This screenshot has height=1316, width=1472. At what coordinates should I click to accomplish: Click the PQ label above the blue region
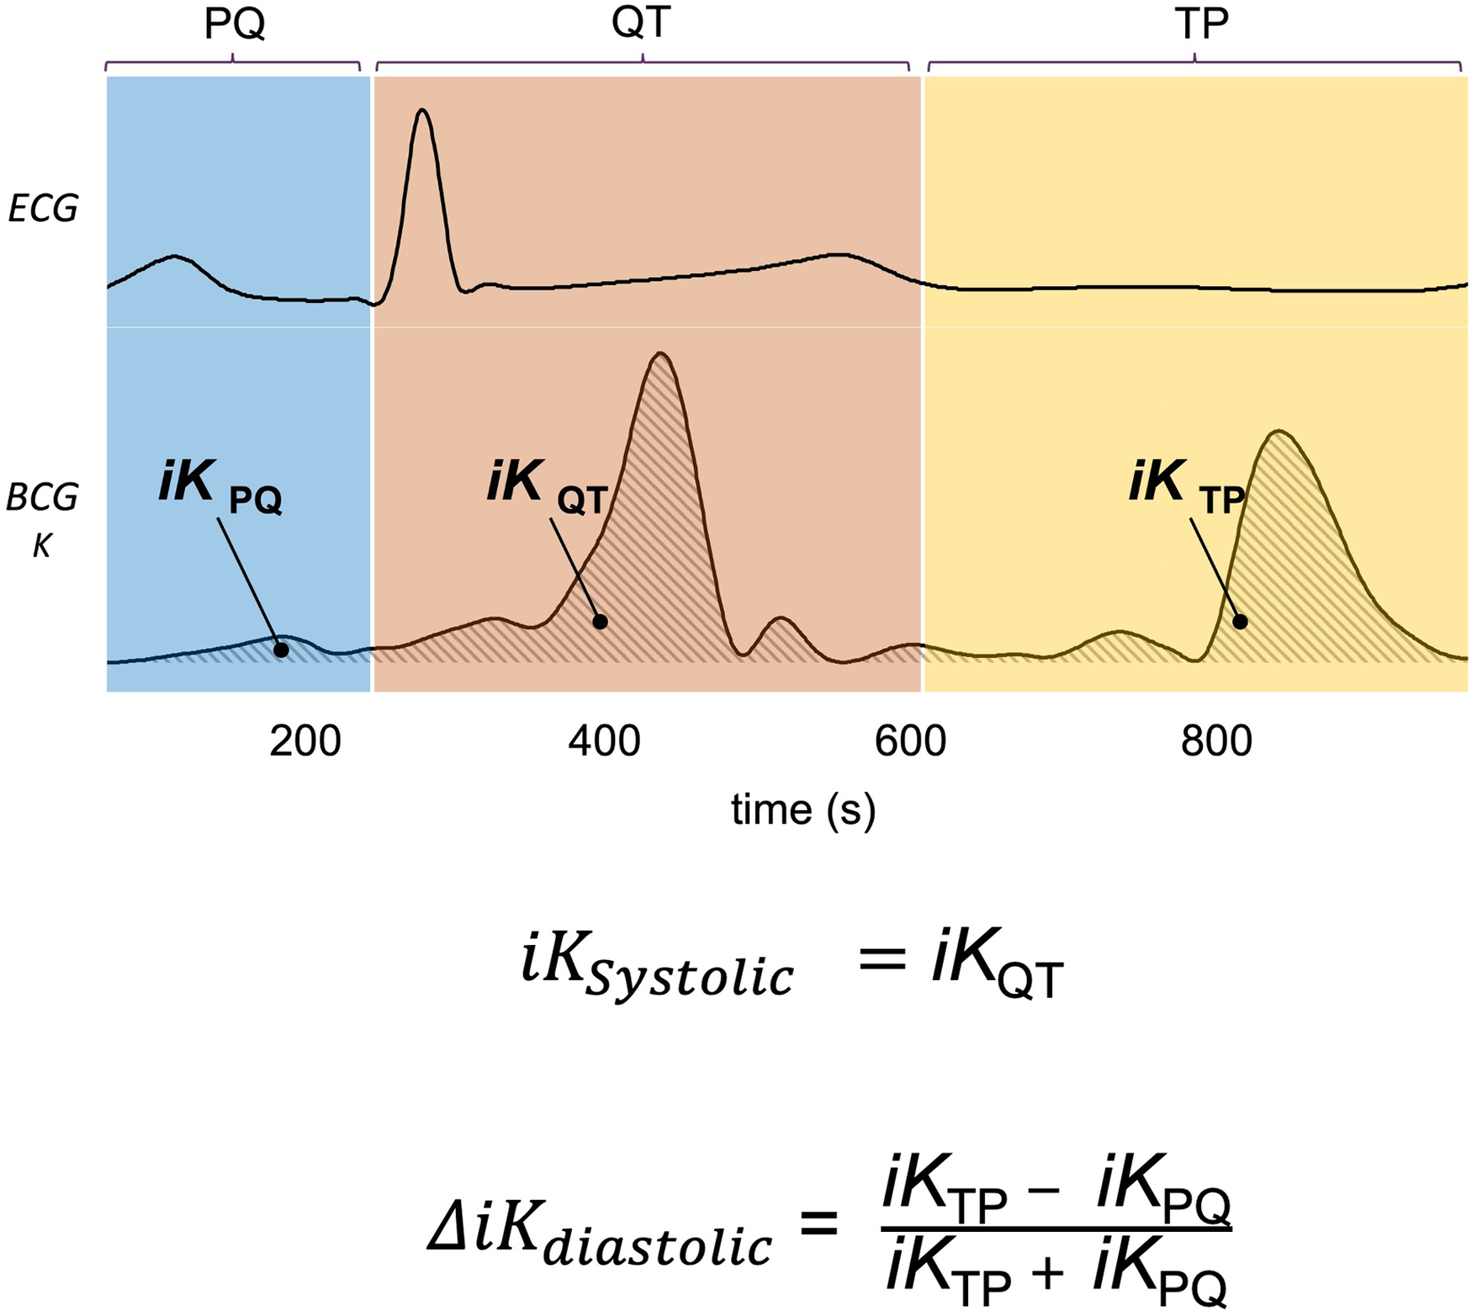coord(235,24)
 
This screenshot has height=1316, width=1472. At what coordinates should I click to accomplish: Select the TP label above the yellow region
coord(1200,24)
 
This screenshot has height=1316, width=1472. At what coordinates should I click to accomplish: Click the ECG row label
coord(42,209)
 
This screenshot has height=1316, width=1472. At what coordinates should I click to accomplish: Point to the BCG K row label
coord(42,520)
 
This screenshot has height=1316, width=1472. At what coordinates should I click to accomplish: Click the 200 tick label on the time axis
coord(304,741)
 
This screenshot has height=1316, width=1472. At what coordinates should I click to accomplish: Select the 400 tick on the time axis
coord(604,741)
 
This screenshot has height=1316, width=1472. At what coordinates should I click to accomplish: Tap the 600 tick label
coord(910,741)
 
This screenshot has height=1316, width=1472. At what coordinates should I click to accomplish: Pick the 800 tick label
coord(1216,741)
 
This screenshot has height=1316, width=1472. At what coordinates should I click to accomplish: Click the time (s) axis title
coord(803,809)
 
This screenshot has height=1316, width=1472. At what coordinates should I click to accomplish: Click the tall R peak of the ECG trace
coord(422,112)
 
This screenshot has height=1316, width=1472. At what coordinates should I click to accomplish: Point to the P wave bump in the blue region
coord(174,257)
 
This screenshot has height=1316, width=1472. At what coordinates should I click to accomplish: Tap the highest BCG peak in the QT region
coord(661,354)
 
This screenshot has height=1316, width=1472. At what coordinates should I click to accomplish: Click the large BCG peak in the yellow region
coord(1279,432)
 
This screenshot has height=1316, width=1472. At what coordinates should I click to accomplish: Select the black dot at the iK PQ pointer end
coord(281,650)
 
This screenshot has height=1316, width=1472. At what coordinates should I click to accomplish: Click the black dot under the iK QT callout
coord(600,622)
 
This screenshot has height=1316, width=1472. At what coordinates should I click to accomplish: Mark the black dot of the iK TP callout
coord(1240,622)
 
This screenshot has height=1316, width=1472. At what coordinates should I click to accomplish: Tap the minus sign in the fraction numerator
coord(1043,1194)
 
